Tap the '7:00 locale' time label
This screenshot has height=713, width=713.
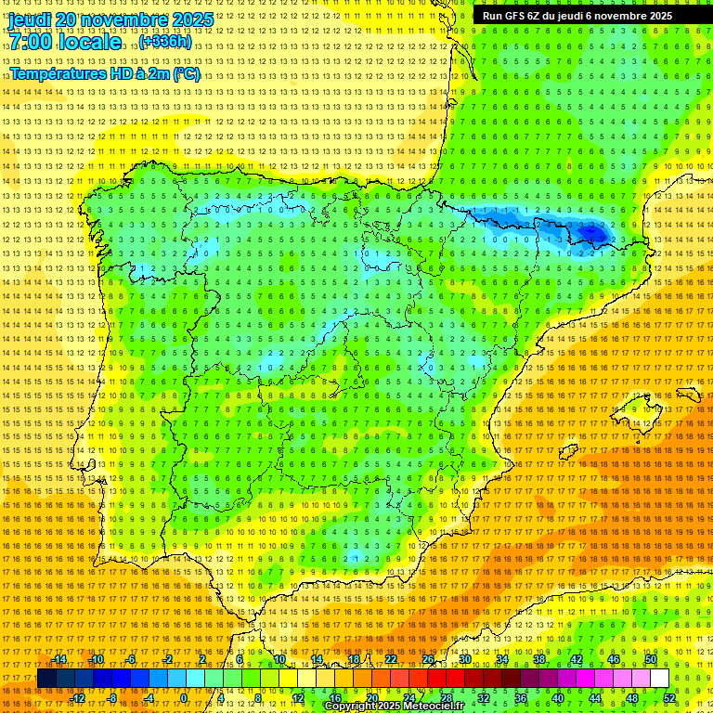(x=64, y=43)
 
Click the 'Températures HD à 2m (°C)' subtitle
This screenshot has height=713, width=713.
(x=104, y=73)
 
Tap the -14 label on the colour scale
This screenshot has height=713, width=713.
(x=59, y=659)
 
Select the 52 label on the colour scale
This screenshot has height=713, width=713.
(x=669, y=698)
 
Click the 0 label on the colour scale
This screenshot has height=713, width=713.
(x=183, y=698)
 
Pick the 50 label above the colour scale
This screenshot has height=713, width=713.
(x=650, y=659)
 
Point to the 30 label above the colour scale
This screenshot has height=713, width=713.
(x=464, y=659)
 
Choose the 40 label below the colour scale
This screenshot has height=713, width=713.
(x=557, y=698)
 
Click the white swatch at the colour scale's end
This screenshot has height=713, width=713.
(x=659, y=679)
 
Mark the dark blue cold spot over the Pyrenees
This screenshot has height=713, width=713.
(x=590, y=232)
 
